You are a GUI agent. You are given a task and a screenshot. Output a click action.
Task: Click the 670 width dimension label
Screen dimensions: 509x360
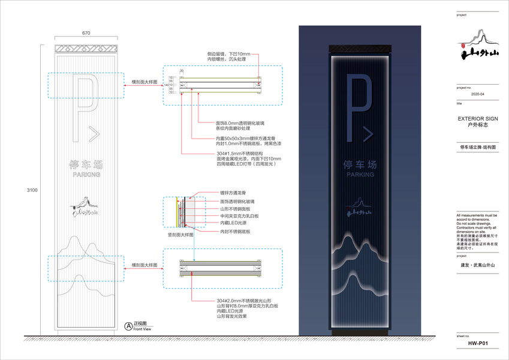[87, 34]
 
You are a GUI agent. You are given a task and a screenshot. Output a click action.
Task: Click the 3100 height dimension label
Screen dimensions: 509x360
[32, 190]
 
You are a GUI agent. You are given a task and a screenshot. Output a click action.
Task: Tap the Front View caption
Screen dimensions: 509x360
[142, 329]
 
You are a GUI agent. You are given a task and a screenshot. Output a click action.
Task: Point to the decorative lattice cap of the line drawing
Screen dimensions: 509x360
[87, 49]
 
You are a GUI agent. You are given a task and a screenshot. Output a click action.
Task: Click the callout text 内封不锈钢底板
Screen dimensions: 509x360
[234, 230]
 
